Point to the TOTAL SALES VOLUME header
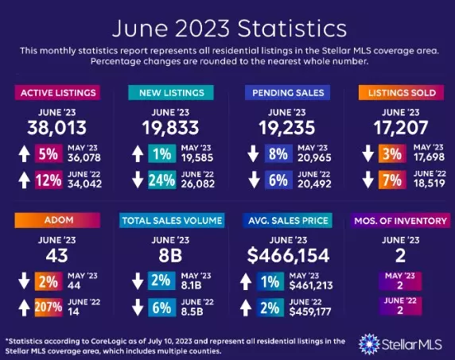[171, 219]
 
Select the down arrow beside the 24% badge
[137, 181]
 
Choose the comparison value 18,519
[427, 186]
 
